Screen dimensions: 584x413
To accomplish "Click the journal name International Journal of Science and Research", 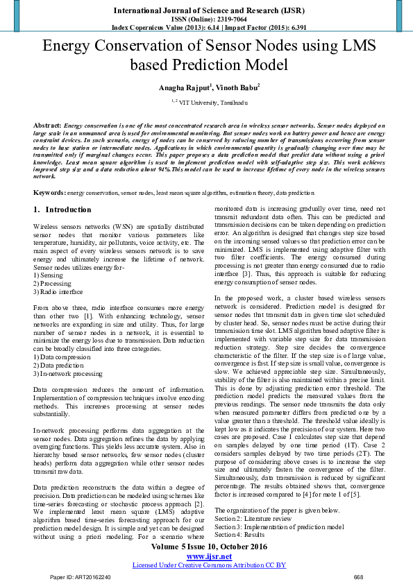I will point(206,10).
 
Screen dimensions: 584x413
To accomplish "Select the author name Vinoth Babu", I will point(235,87).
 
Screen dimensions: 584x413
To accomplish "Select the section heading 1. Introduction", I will point(62,209).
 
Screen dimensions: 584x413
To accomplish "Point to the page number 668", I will point(358,577).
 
